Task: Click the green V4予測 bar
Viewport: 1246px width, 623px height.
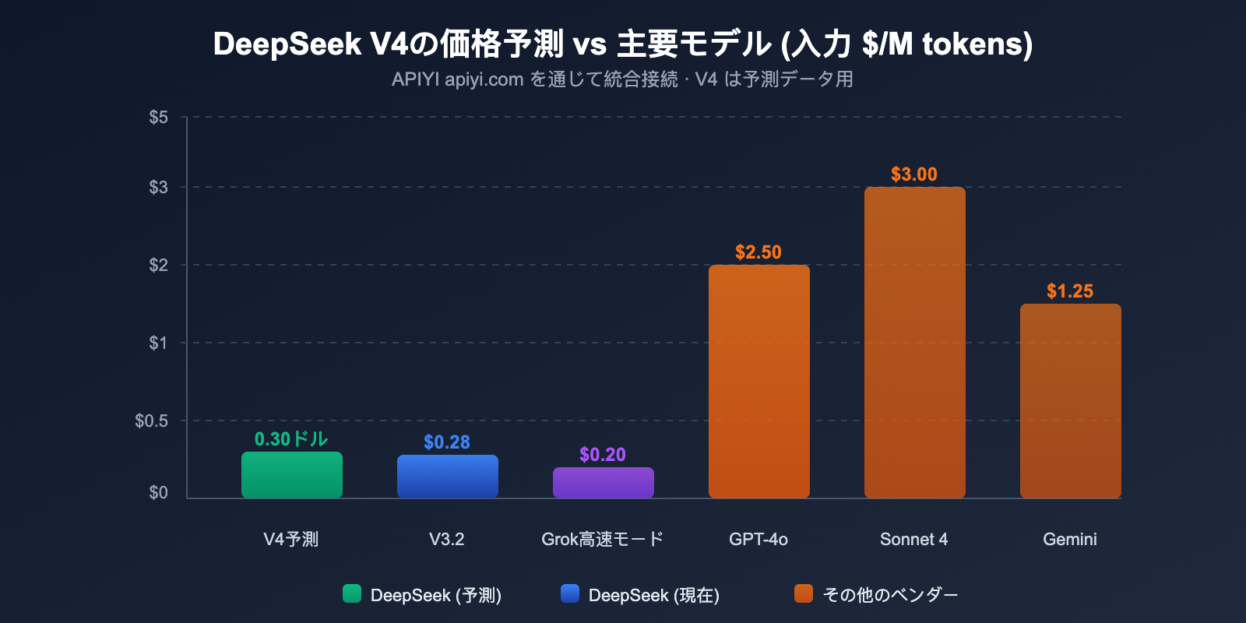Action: (292, 475)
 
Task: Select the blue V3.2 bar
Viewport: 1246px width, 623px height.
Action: (448, 477)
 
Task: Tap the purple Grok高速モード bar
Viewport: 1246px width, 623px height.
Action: (604, 483)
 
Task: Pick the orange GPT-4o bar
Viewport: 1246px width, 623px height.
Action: (759, 382)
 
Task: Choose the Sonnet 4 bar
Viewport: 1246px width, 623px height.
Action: (915, 343)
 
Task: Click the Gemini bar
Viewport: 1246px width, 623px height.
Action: (1071, 401)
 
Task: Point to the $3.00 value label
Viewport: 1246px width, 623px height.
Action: (914, 174)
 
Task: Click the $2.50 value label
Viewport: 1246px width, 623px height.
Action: (759, 252)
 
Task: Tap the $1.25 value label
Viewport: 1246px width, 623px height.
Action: (1070, 291)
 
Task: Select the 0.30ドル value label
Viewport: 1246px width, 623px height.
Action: (291, 439)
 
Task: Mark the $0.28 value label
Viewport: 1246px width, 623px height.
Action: (447, 442)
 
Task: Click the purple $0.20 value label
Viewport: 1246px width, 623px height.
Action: (603, 455)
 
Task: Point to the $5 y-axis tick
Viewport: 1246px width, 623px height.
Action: (159, 118)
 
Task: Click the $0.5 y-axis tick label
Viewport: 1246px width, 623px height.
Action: (152, 421)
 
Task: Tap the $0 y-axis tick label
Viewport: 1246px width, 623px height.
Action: (159, 493)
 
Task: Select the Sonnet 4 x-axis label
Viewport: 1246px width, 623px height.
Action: (914, 539)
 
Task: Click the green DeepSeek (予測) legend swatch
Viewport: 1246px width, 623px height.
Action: (352, 594)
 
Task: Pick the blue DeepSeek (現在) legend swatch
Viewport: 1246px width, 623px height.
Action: (570, 594)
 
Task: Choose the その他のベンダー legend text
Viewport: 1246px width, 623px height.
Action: (890, 595)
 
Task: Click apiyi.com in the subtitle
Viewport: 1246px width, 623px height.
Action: (484, 79)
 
